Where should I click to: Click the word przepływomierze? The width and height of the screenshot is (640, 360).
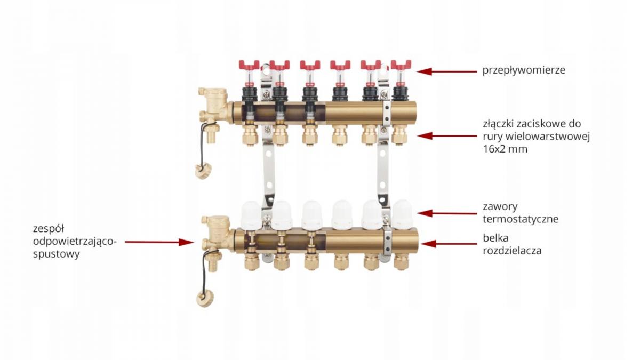tap(524, 70)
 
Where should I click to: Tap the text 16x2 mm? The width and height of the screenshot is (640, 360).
tap(505, 149)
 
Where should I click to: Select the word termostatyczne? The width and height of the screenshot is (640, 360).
tap(521, 219)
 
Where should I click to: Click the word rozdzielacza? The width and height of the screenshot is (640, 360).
tap(513, 251)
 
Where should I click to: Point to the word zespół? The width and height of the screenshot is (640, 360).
tap(49, 229)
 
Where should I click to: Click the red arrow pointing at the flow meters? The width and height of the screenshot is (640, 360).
tap(447, 71)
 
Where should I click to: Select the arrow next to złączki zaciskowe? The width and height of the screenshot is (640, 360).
tap(447, 136)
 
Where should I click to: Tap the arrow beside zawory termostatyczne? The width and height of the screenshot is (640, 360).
tap(447, 213)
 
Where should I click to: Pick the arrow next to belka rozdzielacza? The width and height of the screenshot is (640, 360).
tap(449, 244)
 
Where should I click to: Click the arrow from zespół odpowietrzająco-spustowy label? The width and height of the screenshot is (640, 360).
tap(159, 242)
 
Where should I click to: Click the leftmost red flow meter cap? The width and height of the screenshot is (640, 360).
tap(249, 65)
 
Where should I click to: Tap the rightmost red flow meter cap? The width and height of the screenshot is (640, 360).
tap(401, 65)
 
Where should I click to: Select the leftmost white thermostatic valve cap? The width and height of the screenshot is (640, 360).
tap(251, 215)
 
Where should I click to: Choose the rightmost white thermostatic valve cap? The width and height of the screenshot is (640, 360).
tap(403, 214)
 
